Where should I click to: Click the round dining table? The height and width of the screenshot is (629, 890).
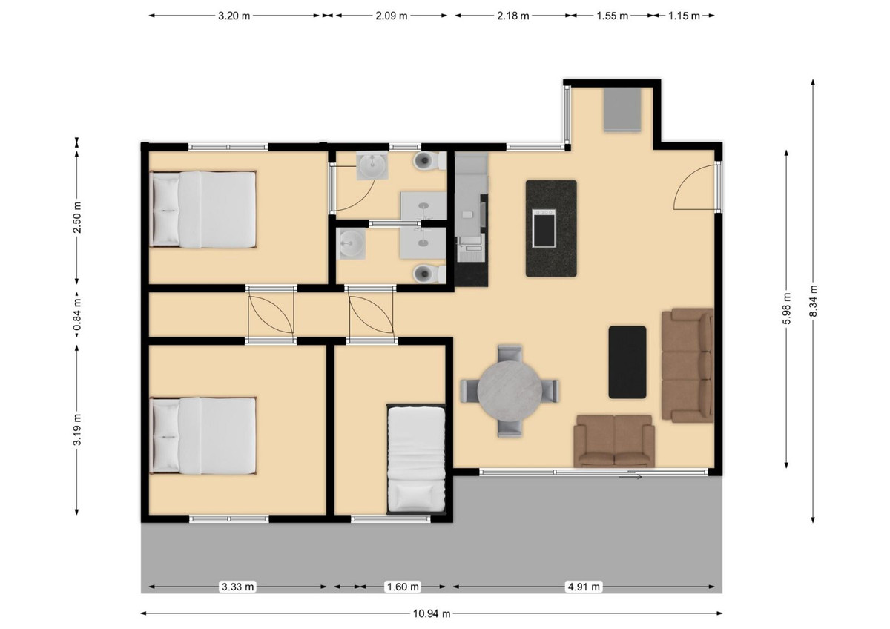(x=510, y=390)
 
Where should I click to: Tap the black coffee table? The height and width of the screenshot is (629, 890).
(x=627, y=361)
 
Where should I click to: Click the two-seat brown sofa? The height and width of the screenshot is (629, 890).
(x=615, y=441)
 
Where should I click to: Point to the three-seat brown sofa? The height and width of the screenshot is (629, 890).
(x=688, y=365)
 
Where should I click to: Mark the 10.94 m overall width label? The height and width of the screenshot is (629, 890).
(x=432, y=613)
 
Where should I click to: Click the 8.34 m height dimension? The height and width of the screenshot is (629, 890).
(x=814, y=301)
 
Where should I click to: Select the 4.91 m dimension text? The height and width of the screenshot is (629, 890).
(x=584, y=587)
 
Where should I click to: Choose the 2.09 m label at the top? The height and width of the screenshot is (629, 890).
(x=391, y=16)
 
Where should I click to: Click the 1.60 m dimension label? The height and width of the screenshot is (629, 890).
(x=403, y=587)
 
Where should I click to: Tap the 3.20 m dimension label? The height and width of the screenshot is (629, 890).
(x=234, y=16)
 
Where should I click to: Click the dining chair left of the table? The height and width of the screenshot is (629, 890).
(x=472, y=389)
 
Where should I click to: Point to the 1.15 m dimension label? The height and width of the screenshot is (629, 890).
(x=684, y=16)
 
